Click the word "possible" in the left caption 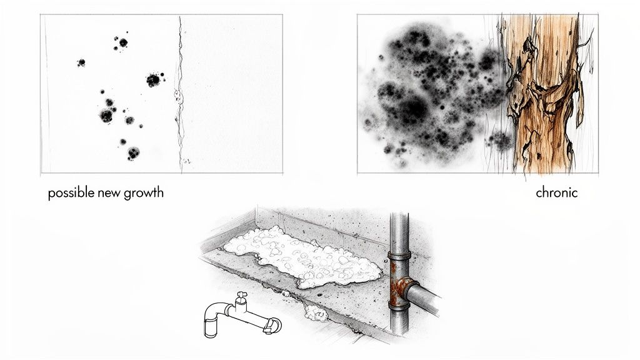[69, 193]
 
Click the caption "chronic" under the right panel [556, 193]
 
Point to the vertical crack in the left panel [181, 94]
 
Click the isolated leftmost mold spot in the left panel [81, 62]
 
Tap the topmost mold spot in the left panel [123, 42]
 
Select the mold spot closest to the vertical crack [153, 80]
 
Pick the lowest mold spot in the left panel [132, 152]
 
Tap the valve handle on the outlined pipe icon [241, 294]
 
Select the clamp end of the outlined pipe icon [272, 324]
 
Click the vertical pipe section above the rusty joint [399, 231]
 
